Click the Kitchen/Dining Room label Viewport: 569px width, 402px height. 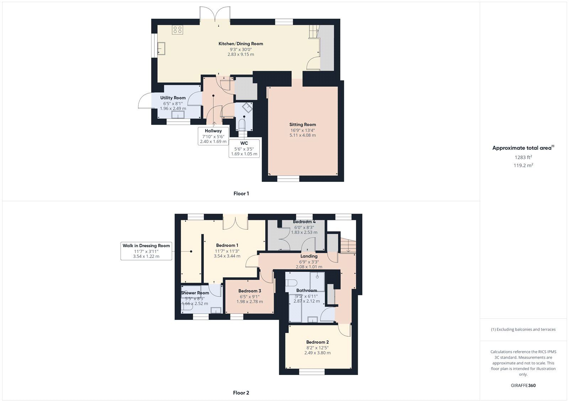coord(241,44)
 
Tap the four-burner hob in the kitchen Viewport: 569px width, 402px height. coord(177,30)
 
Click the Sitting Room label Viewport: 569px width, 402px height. coord(302,124)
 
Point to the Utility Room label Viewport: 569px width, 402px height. coord(173,98)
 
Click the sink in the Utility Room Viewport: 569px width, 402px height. coord(177,114)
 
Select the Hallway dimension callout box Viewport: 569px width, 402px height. coord(213,136)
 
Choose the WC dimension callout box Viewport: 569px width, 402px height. coord(244,149)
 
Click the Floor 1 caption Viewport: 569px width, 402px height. coord(241,194)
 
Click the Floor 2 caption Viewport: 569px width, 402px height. coord(241,393)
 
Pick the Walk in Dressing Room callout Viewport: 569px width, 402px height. coord(146,251)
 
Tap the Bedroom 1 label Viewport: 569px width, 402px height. coord(227,245)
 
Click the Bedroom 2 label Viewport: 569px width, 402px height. coord(317,342)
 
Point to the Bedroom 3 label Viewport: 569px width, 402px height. coord(250,291)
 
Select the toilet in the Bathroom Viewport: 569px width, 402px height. coord(292,283)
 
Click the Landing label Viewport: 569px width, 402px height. coord(309,256)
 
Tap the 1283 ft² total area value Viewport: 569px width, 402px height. coord(523,157)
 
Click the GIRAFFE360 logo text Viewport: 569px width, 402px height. coord(523,385)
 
